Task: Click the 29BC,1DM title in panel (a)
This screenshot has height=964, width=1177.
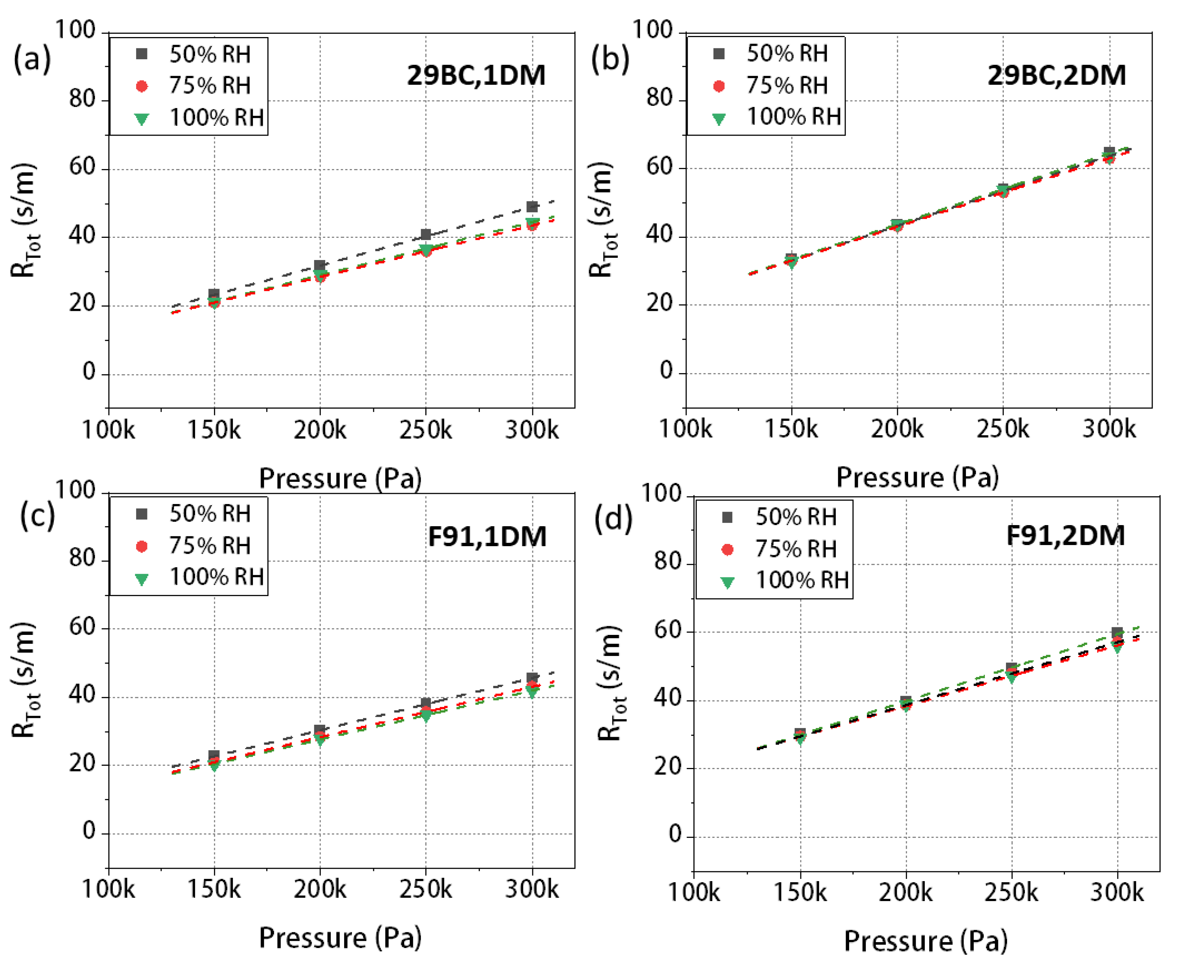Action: click(476, 75)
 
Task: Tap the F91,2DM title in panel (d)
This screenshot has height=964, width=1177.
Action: click(1065, 535)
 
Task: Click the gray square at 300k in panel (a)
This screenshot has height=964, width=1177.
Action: click(532, 207)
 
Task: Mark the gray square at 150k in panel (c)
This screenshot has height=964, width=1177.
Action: click(214, 755)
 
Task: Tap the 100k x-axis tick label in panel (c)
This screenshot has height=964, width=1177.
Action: click(108, 889)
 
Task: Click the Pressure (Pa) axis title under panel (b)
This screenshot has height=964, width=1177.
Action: click(917, 477)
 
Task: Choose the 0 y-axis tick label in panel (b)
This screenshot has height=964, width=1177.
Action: click(666, 371)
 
